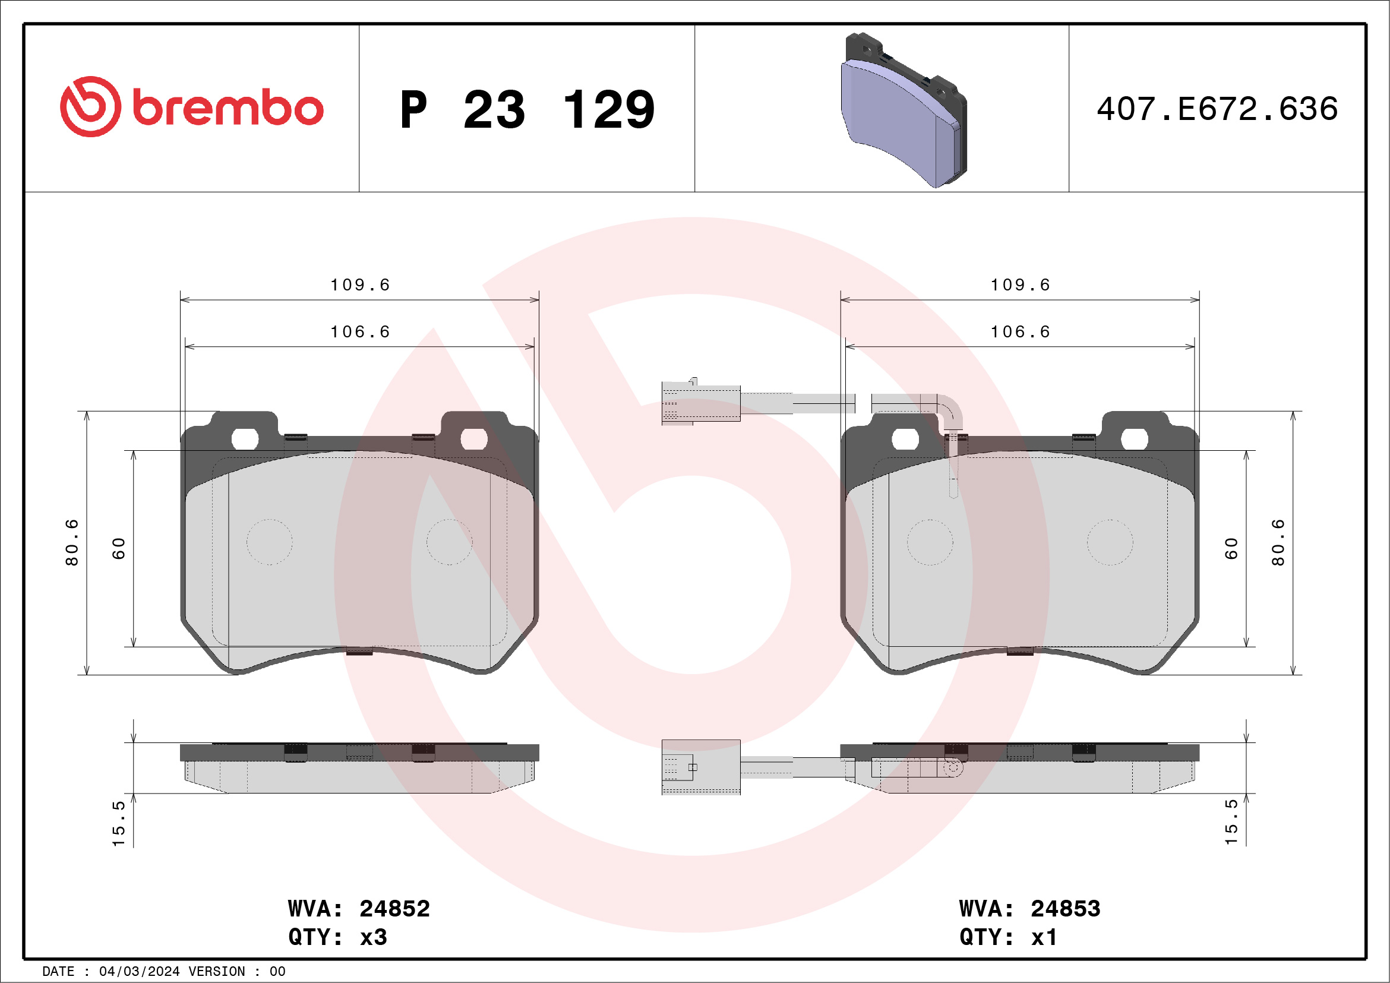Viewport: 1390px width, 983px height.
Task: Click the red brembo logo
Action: (192, 107)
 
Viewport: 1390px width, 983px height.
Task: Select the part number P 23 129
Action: (527, 109)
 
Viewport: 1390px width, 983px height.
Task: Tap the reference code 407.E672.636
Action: (1217, 109)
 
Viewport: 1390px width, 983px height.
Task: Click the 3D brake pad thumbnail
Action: (903, 110)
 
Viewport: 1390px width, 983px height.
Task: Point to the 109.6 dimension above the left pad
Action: (359, 285)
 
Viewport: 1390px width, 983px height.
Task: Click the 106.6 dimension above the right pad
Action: (1020, 331)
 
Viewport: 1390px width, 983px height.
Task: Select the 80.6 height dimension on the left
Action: (72, 542)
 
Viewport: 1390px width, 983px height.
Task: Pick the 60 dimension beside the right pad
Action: (1231, 548)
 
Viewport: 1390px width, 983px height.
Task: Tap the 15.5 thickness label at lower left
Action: (119, 823)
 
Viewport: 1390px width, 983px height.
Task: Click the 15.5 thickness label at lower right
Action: (1231, 822)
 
